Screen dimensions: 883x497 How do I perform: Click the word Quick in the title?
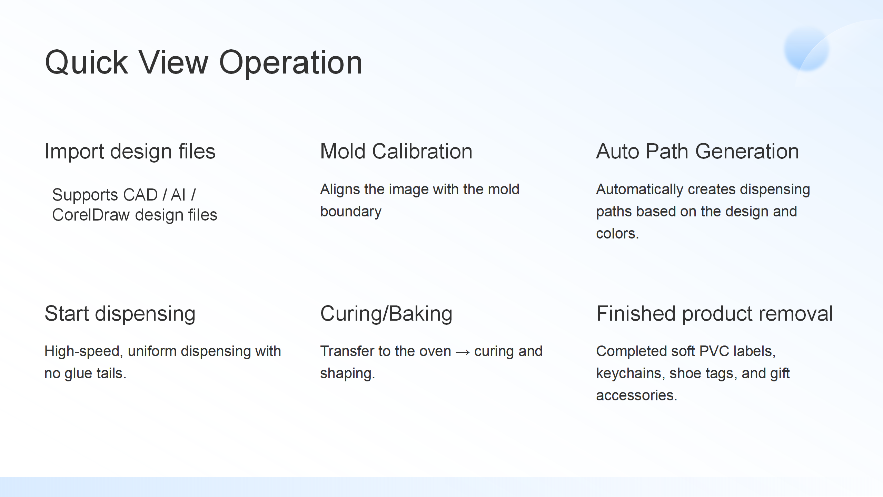(87, 62)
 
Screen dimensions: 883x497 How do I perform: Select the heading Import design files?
(130, 152)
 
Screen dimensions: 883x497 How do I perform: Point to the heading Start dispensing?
(120, 314)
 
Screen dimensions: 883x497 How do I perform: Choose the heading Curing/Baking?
(386, 314)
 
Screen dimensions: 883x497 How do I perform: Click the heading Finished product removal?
(714, 314)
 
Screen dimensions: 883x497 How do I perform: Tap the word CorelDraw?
(91, 215)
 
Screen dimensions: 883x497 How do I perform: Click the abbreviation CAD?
(140, 195)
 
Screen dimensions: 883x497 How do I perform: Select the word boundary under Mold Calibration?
(351, 212)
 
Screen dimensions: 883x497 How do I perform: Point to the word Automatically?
(639, 189)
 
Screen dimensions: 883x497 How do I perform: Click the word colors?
(617, 234)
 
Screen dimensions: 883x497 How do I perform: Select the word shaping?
(347, 374)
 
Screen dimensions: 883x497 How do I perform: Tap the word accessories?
(637, 396)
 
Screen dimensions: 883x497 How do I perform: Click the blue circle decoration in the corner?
(806, 49)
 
